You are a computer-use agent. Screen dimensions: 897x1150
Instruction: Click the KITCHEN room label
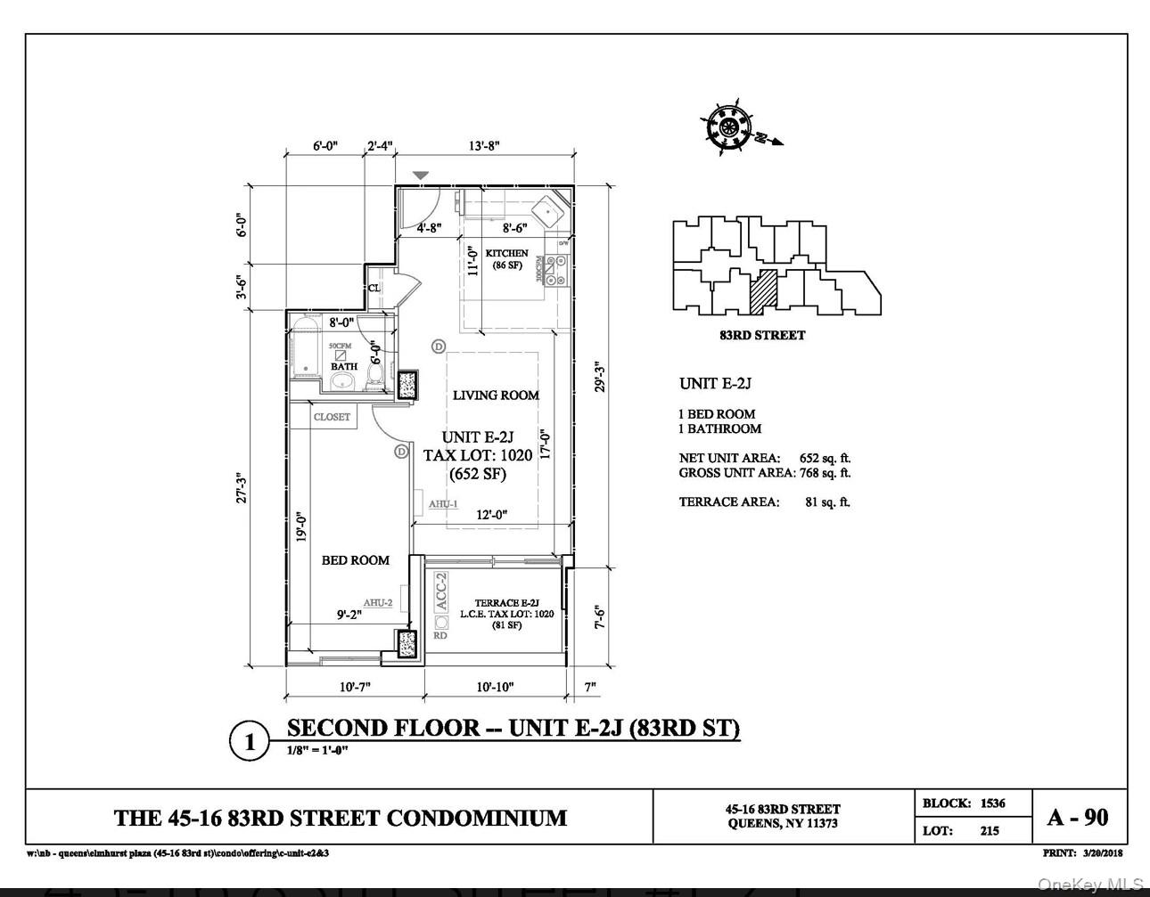[506, 254]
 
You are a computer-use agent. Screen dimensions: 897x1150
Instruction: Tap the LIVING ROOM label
[496, 395]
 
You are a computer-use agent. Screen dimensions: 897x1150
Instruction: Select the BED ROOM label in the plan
[355, 560]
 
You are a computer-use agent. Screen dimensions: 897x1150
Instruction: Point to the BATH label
[344, 366]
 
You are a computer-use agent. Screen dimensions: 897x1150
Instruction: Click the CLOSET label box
[332, 417]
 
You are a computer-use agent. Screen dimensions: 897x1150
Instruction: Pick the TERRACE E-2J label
[506, 603]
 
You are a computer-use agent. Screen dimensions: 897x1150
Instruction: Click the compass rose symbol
[729, 127]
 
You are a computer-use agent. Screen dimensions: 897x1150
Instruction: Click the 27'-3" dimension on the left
[241, 488]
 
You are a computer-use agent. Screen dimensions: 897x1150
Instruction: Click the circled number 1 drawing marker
[250, 742]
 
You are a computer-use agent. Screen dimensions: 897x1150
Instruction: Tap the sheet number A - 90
[1079, 817]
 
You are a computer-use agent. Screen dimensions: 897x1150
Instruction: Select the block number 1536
[992, 803]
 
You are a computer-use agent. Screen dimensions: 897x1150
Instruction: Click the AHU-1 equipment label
[443, 504]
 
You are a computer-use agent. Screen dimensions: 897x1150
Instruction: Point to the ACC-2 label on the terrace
[440, 591]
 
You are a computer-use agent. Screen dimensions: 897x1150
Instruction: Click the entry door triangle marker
[421, 175]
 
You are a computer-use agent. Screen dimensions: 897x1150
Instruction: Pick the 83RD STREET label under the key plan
[762, 336]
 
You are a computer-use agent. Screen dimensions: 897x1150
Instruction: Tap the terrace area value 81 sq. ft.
[827, 502]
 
